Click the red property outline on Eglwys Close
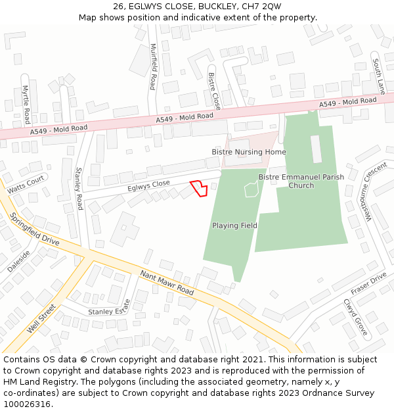[199, 188]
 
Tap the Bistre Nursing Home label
[249, 152]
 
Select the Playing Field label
[234, 226]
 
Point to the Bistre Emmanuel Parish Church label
[301, 181]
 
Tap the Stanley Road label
[79, 184]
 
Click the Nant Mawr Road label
[167, 282]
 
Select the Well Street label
[41, 318]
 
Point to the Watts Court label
[26, 183]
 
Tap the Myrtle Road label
[26, 105]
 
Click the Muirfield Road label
[154, 66]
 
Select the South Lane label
[378, 76]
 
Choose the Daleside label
[19, 262]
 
